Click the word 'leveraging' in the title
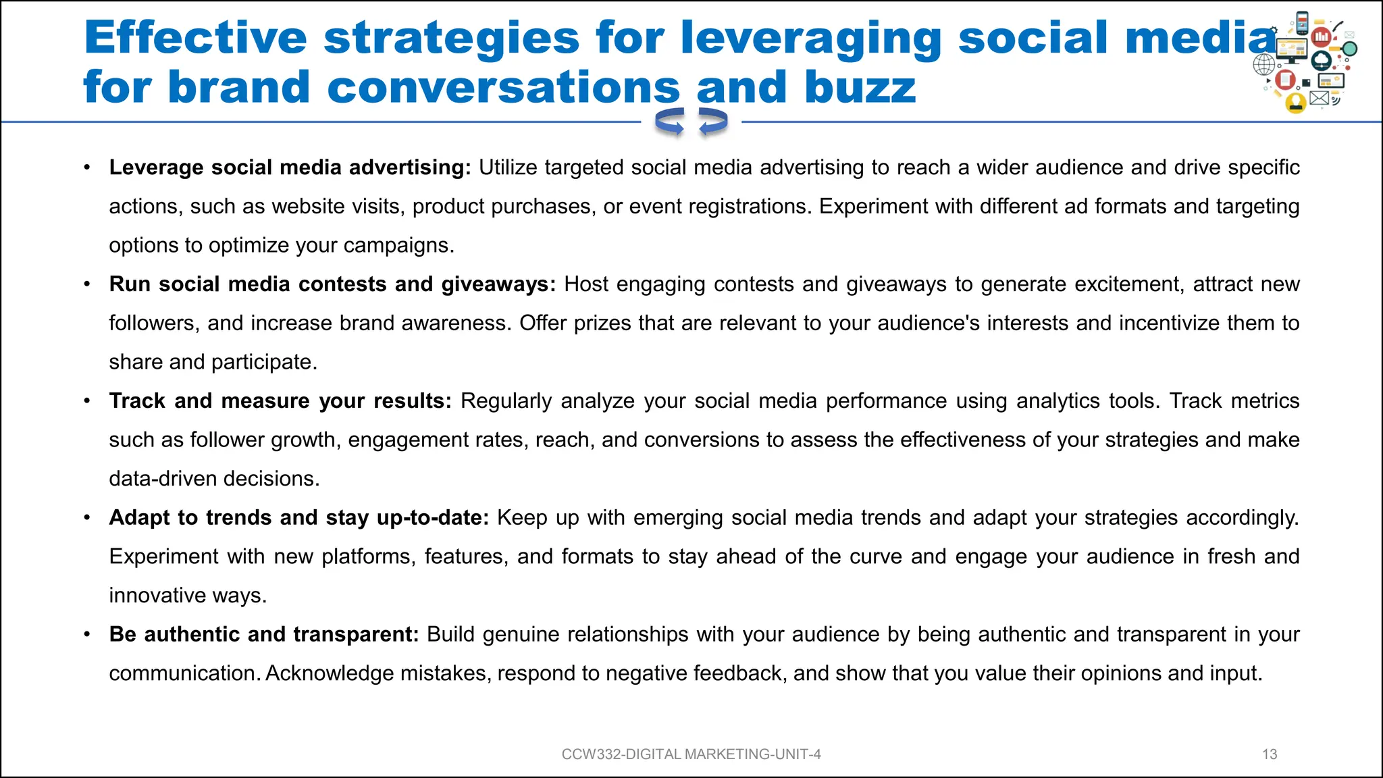810,38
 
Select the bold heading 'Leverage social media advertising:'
290,167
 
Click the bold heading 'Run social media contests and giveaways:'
332,284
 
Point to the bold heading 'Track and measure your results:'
280,401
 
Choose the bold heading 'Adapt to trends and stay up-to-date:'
298,518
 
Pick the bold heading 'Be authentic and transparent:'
264,635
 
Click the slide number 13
1270,754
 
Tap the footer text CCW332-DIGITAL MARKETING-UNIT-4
691,754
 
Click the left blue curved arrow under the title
670,122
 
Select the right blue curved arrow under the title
713,122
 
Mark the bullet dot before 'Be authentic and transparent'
87,635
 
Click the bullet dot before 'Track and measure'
87,401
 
